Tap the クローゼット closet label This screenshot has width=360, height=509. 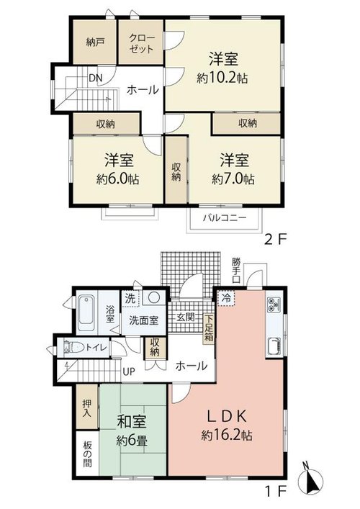pyautogui.click(x=141, y=43)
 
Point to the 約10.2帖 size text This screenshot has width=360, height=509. pyautogui.click(x=222, y=78)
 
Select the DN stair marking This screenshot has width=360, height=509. pyautogui.click(x=96, y=78)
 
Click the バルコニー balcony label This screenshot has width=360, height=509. pyautogui.click(x=225, y=217)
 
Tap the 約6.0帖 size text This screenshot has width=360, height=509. pyautogui.click(x=118, y=179)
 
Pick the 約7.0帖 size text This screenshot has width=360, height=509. pyautogui.click(x=233, y=179)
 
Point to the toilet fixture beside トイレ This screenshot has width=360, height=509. pyautogui.click(x=72, y=347)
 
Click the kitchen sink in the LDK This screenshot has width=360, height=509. pyautogui.click(x=274, y=346)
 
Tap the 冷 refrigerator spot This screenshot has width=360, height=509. pyautogui.click(x=227, y=298)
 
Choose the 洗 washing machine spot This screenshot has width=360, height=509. pyautogui.click(x=130, y=299)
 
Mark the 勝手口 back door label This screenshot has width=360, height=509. pyautogui.click(x=236, y=271)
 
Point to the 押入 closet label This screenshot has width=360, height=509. pyautogui.click(x=86, y=408)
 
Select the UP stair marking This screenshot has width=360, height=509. pyautogui.click(x=129, y=371)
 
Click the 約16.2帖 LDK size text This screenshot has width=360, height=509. pyautogui.click(x=227, y=436)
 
